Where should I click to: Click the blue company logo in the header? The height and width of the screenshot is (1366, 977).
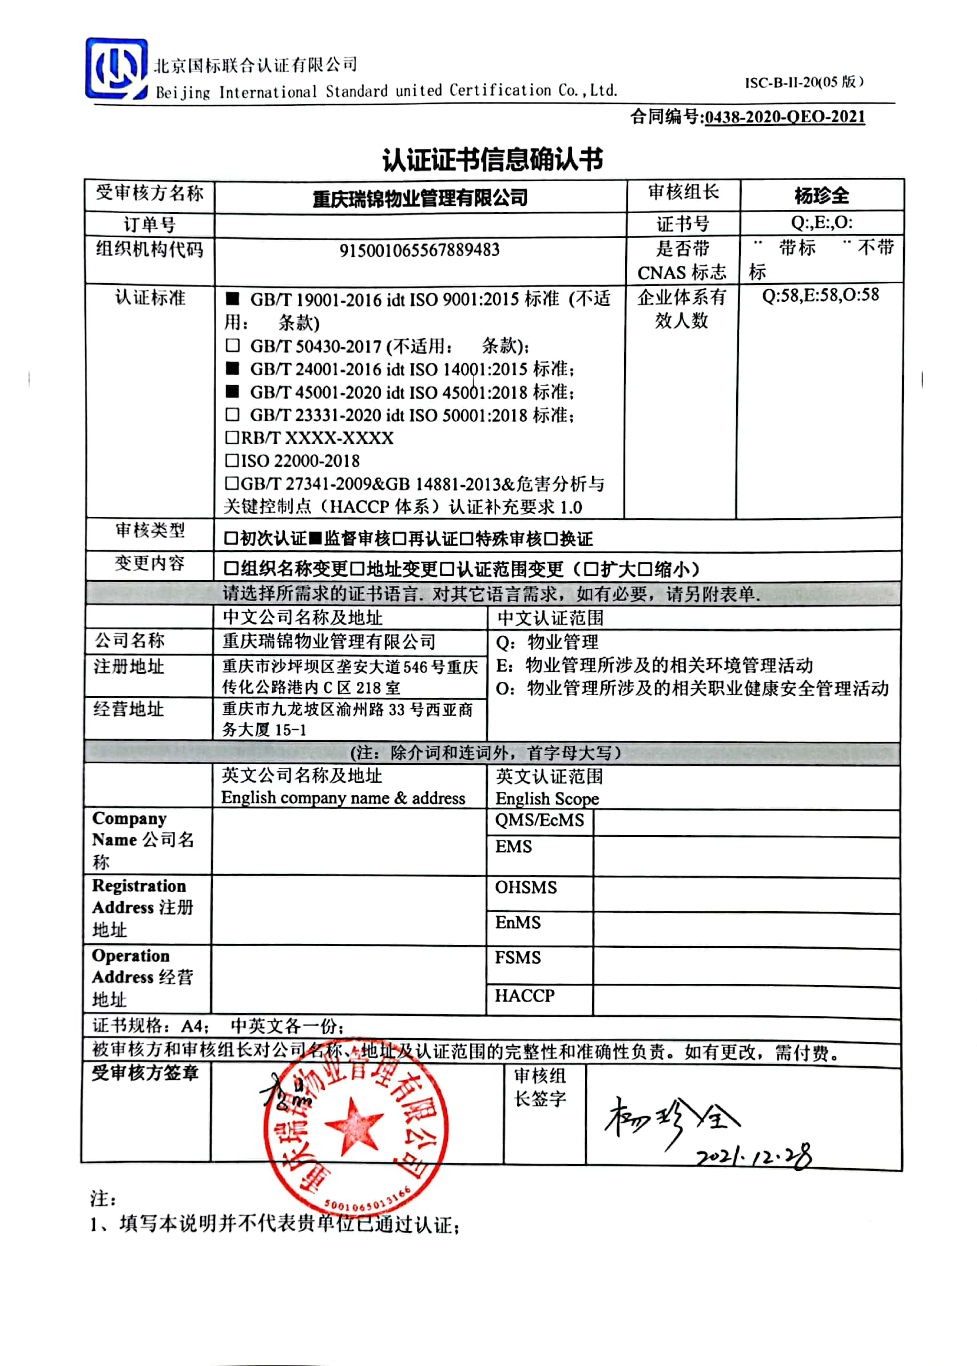(116, 69)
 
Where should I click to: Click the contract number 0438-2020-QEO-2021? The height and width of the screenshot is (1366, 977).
(784, 117)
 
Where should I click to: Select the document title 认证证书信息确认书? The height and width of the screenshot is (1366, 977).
(492, 160)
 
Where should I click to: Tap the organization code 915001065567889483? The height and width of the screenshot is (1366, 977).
(419, 250)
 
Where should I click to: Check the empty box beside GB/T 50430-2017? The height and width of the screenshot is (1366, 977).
(233, 346)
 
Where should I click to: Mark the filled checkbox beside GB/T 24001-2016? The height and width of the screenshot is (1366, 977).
(233, 368)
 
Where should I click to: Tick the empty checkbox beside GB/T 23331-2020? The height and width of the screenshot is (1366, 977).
(233, 414)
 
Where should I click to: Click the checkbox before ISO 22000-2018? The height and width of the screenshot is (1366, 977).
(232, 460)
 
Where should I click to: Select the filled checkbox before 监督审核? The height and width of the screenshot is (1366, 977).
(315, 538)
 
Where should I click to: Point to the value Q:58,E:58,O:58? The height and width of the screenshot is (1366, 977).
(820, 295)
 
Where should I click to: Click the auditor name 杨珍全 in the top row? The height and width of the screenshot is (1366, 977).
(821, 196)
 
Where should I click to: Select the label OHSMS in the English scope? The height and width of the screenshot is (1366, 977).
(526, 888)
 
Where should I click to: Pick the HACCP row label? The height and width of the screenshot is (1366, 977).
(524, 996)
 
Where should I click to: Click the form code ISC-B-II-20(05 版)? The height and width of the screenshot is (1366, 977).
(804, 82)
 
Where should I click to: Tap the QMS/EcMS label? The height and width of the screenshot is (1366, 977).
(539, 820)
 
